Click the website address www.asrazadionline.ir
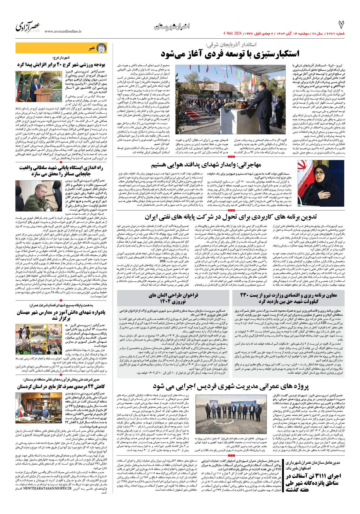pos(63,32)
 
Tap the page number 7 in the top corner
pos(341,25)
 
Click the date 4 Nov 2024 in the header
pos(232,33)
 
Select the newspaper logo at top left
pos(28,26)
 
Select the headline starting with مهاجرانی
pos(206,165)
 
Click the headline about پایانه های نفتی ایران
pos(231,217)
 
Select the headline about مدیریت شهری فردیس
pos(231,386)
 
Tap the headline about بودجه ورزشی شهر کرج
pos(61,64)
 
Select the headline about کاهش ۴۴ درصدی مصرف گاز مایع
pos(61,386)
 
